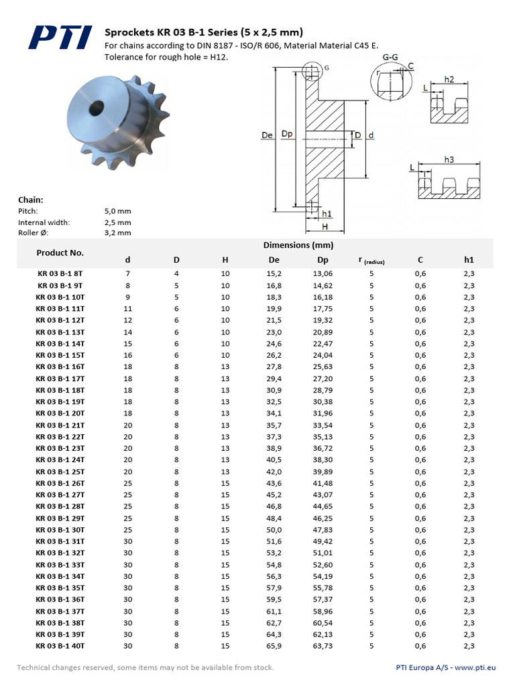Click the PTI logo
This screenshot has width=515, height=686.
[60, 38]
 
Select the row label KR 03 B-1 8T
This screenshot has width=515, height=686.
[60, 273]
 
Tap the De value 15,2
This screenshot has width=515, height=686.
[274, 273]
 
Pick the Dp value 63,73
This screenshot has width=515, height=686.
[323, 646]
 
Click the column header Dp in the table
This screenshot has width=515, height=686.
[323, 260]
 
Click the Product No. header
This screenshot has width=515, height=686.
[60, 253]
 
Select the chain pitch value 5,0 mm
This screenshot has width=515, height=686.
[117, 211]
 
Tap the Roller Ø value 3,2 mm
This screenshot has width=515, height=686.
[117, 233]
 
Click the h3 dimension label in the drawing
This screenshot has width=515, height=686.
[449, 159]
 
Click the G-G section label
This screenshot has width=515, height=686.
[390, 58]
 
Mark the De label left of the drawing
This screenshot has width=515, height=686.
[266, 135]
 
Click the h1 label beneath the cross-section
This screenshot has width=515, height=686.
[327, 214]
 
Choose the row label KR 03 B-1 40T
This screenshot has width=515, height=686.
[60, 646]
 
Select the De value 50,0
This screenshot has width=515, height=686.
[274, 529]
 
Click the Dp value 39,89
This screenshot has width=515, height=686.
[323, 471]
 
